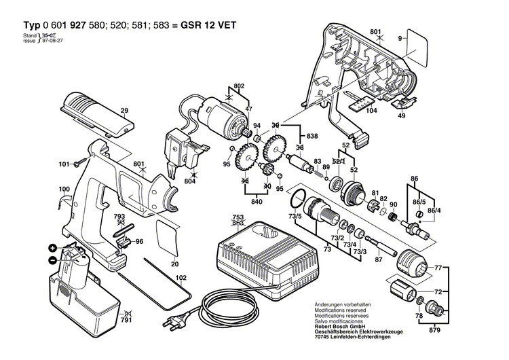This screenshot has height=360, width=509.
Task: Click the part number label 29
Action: [124, 110]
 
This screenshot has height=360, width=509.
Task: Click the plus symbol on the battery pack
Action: [52, 248]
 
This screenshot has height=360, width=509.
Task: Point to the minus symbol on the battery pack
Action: [52, 260]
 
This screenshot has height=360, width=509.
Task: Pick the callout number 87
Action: [379, 259]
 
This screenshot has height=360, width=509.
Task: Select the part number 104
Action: [370, 110]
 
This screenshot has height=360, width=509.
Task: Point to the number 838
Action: [312, 137]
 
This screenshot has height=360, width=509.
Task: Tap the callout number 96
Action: [138, 241]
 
